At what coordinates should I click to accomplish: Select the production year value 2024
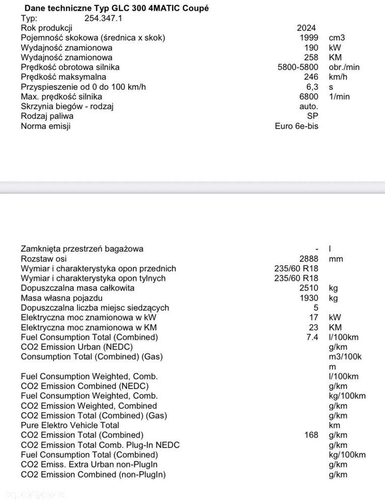[306, 28]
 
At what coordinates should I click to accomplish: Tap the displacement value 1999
[309, 38]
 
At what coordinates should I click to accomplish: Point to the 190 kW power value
[311, 47]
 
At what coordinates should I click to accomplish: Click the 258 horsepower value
[311, 57]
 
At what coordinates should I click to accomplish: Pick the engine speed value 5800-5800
[298, 67]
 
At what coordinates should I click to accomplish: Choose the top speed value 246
[311, 77]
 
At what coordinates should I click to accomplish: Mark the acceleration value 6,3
[312, 87]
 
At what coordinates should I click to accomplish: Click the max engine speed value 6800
[309, 96]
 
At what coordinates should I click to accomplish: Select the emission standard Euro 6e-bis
[296, 126]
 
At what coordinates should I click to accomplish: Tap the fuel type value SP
[313, 116]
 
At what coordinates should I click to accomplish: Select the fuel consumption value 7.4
[312, 337]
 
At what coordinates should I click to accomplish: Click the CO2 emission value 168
[311, 435]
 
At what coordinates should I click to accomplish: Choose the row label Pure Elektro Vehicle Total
[70, 425]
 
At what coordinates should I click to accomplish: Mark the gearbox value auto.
[309, 106]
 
